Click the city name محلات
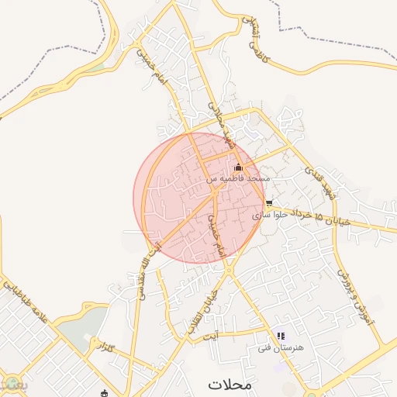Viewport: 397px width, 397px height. pyautogui.click(x=230, y=384)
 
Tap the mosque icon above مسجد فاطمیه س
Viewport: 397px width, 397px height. pyautogui.click(x=238, y=167)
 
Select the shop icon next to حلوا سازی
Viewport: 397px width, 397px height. pyautogui.click(x=269, y=203)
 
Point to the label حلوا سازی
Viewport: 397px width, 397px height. pyautogui.click(x=276, y=214)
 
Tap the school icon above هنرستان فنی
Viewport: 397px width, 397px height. pyautogui.click(x=280, y=336)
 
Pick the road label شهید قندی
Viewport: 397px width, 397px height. pyautogui.click(x=319, y=183)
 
